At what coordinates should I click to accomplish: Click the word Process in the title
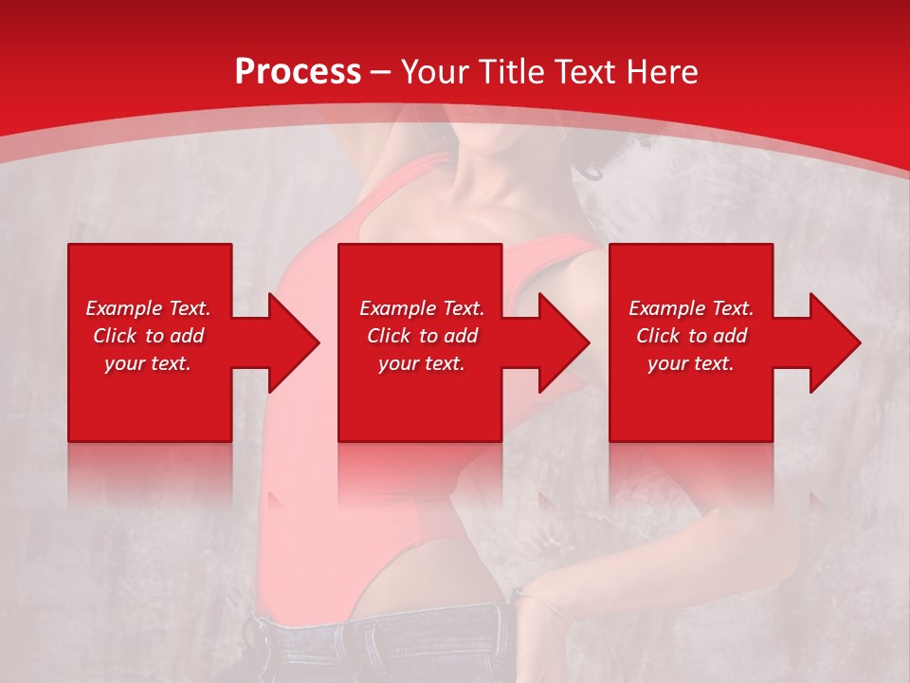point(298,71)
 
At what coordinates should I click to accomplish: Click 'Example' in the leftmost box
point(122,308)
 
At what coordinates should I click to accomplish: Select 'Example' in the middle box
point(396,308)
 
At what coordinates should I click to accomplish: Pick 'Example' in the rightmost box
point(665,308)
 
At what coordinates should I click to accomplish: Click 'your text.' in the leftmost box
point(148,363)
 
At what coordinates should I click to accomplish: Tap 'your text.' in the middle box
point(422,363)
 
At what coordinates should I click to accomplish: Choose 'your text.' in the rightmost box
point(691,363)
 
